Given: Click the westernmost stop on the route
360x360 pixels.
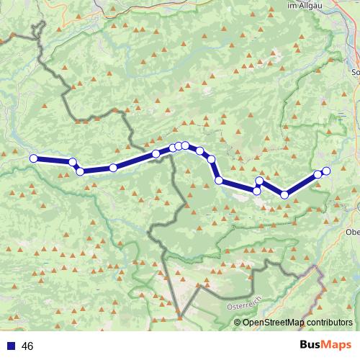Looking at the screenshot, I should tap(33, 158).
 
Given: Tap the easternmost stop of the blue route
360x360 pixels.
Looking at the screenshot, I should tap(325, 171).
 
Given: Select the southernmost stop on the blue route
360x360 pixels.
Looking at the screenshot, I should tap(284, 194).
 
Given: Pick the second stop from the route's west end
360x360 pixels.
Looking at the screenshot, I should tap(73, 162).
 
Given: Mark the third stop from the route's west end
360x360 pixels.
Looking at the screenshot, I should tap(80, 171).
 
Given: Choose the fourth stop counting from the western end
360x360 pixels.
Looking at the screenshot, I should tap(113, 168).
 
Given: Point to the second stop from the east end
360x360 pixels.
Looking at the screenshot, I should tap(318, 174).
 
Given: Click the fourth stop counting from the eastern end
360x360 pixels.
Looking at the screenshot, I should tap(260, 181).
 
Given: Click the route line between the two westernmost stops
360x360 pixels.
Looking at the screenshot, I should tap(53, 160).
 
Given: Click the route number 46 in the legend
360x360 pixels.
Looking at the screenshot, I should tap(28, 346).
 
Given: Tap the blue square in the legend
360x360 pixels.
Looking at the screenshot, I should tap(11, 346).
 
